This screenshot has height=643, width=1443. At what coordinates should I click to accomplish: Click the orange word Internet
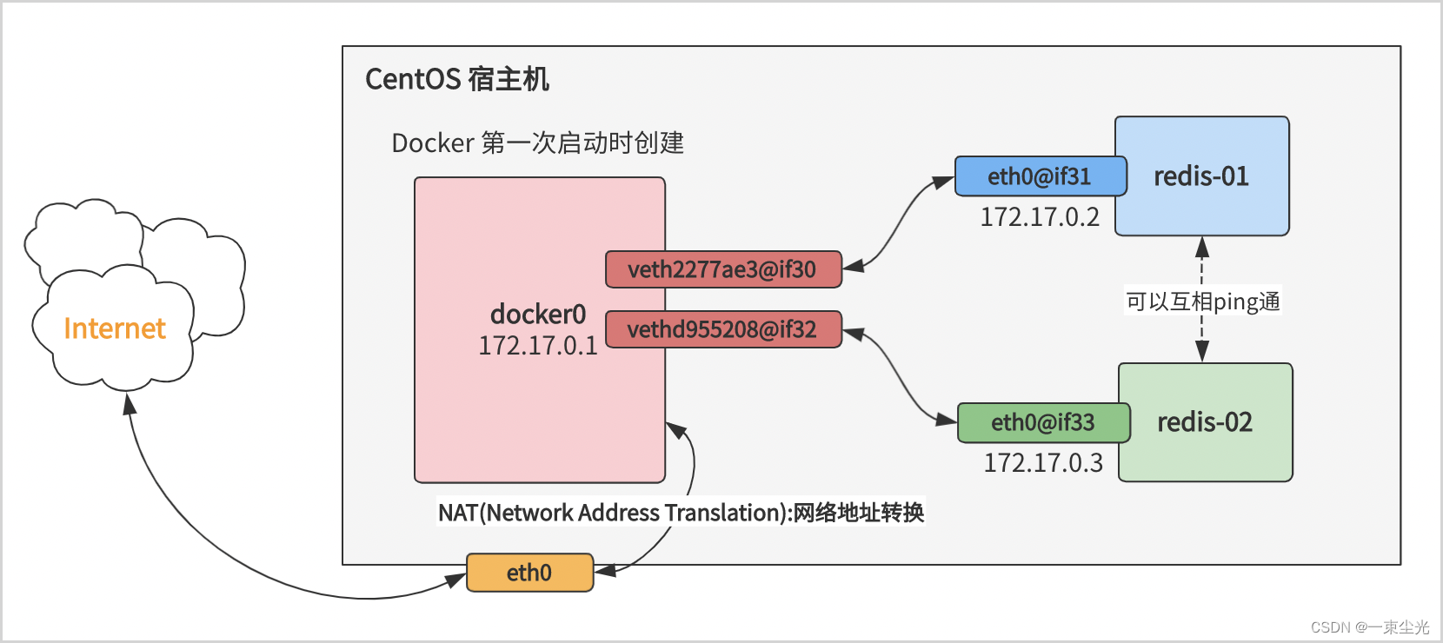pos(115,328)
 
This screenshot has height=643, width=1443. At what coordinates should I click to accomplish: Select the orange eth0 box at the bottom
pos(529,573)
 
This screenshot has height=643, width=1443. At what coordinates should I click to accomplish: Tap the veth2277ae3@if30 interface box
pos(722,269)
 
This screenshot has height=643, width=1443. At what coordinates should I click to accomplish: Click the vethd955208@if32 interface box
pos(722,329)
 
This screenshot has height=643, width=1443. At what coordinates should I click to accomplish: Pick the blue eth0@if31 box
pos(1040,176)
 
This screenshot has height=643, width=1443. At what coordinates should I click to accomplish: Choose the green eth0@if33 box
pos(1043,422)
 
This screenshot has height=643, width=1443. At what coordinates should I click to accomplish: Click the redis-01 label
pos(1201,176)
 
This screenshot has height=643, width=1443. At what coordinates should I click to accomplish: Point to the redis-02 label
pos(1205,422)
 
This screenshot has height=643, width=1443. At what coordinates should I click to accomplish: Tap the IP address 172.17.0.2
pos(1040,216)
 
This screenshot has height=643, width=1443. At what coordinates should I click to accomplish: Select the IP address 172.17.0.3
pos(1043,462)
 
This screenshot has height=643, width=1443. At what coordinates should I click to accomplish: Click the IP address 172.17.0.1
pos(538,346)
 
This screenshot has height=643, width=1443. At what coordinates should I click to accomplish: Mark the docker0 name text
pos(538,314)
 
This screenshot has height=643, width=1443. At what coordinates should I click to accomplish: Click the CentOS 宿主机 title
pos(457,79)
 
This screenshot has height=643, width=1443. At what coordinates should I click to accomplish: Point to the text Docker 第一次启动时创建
pos(537,143)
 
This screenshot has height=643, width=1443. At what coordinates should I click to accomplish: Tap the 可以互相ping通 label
pos(1203,302)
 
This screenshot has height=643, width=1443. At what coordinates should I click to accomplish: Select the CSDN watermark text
pos(1370,626)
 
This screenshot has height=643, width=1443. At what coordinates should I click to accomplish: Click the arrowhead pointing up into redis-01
pos(1202,247)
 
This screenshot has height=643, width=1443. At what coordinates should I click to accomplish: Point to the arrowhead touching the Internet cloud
pos(130,404)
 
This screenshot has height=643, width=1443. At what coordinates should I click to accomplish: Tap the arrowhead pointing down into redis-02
pos(1202,352)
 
